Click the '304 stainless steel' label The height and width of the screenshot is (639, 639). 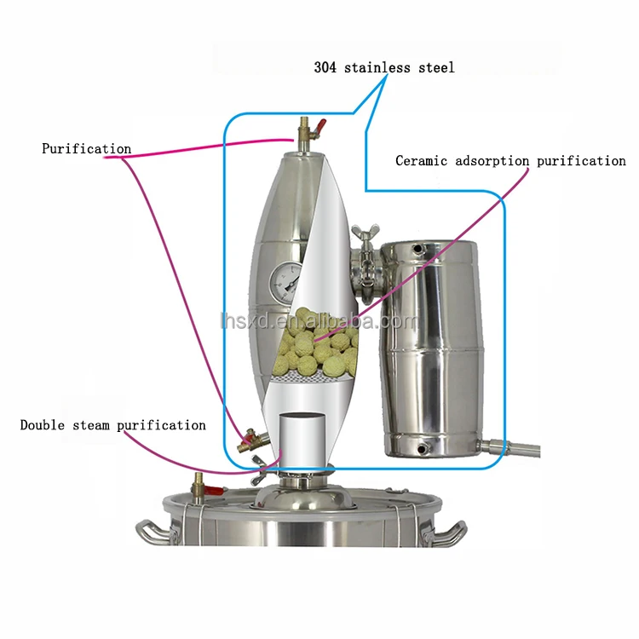(384, 67)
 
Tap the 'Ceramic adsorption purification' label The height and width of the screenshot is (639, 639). (510, 160)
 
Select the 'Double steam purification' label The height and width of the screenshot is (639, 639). (113, 424)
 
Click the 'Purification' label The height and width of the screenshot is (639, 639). (87, 148)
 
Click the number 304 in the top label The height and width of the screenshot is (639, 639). (326, 67)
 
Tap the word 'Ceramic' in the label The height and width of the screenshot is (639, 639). (422, 160)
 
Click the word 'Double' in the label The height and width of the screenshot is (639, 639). (43, 424)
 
